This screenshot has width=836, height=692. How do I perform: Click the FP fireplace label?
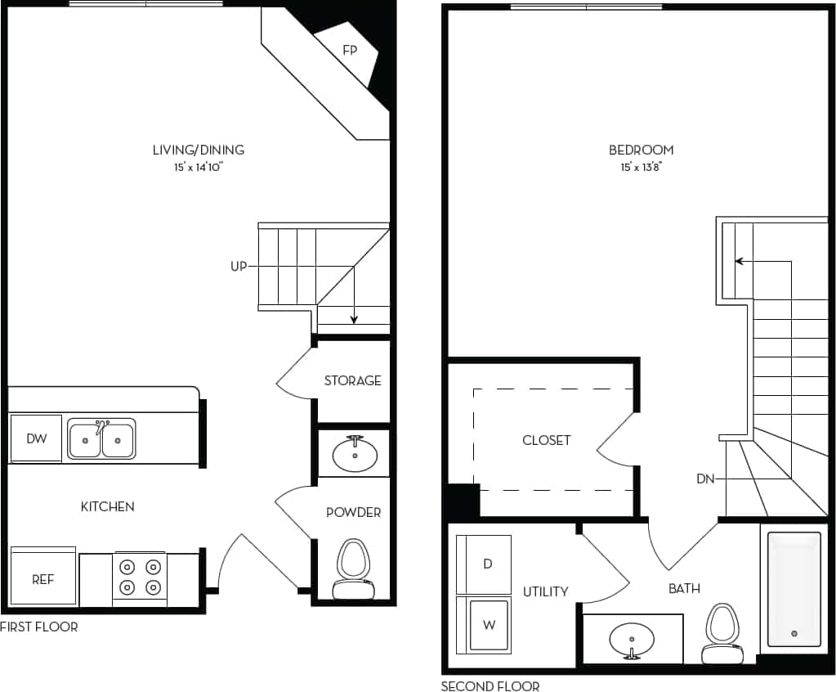pyautogui.click(x=350, y=51)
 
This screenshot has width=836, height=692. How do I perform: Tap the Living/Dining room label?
pyautogui.click(x=199, y=150)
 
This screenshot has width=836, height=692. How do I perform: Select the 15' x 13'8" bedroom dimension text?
pyautogui.click(x=642, y=167)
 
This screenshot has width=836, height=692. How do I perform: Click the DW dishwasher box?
pyautogui.click(x=36, y=439)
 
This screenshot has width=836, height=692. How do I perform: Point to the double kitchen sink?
pyautogui.click(x=102, y=439)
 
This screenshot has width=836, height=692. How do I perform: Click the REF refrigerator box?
pyautogui.click(x=42, y=579)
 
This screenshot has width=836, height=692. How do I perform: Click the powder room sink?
pyautogui.click(x=355, y=455)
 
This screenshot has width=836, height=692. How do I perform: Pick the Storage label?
pyautogui.click(x=353, y=380)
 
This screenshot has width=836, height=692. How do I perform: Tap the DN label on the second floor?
pyautogui.click(x=705, y=479)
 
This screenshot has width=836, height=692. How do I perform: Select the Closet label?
pyautogui.click(x=547, y=440)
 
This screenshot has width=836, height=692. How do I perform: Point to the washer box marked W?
pyautogui.click(x=488, y=625)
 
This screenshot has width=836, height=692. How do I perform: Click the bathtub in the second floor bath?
pyautogui.click(x=794, y=589)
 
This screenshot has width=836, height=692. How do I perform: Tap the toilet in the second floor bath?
pyautogui.click(x=722, y=633)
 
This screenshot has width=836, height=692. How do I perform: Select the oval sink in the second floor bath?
pyautogui.click(x=632, y=638)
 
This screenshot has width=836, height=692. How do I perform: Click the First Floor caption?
pyautogui.click(x=39, y=627)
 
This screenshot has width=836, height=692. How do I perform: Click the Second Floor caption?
pyautogui.click(x=490, y=686)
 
